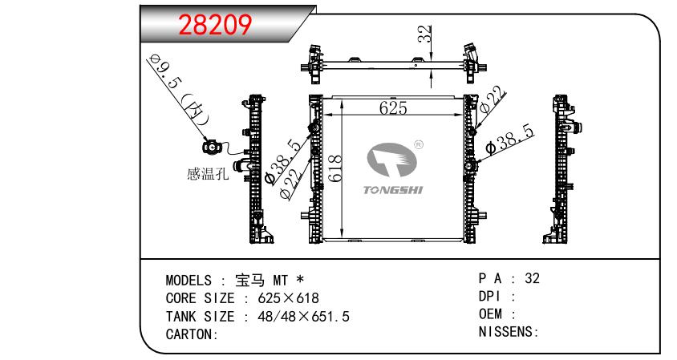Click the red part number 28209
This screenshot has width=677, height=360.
click(215, 25)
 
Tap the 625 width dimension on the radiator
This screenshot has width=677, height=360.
click(393, 107)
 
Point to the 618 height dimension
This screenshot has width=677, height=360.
click(335, 168)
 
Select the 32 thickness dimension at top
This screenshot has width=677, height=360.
click(425, 34)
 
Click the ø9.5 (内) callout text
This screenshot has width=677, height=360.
click(177, 89)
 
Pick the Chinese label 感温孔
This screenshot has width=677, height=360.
click(208, 173)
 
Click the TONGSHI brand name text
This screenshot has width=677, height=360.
click(393, 190)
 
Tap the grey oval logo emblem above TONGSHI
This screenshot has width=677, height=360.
click(391, 160)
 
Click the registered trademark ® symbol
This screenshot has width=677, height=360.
click(419, 144)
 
